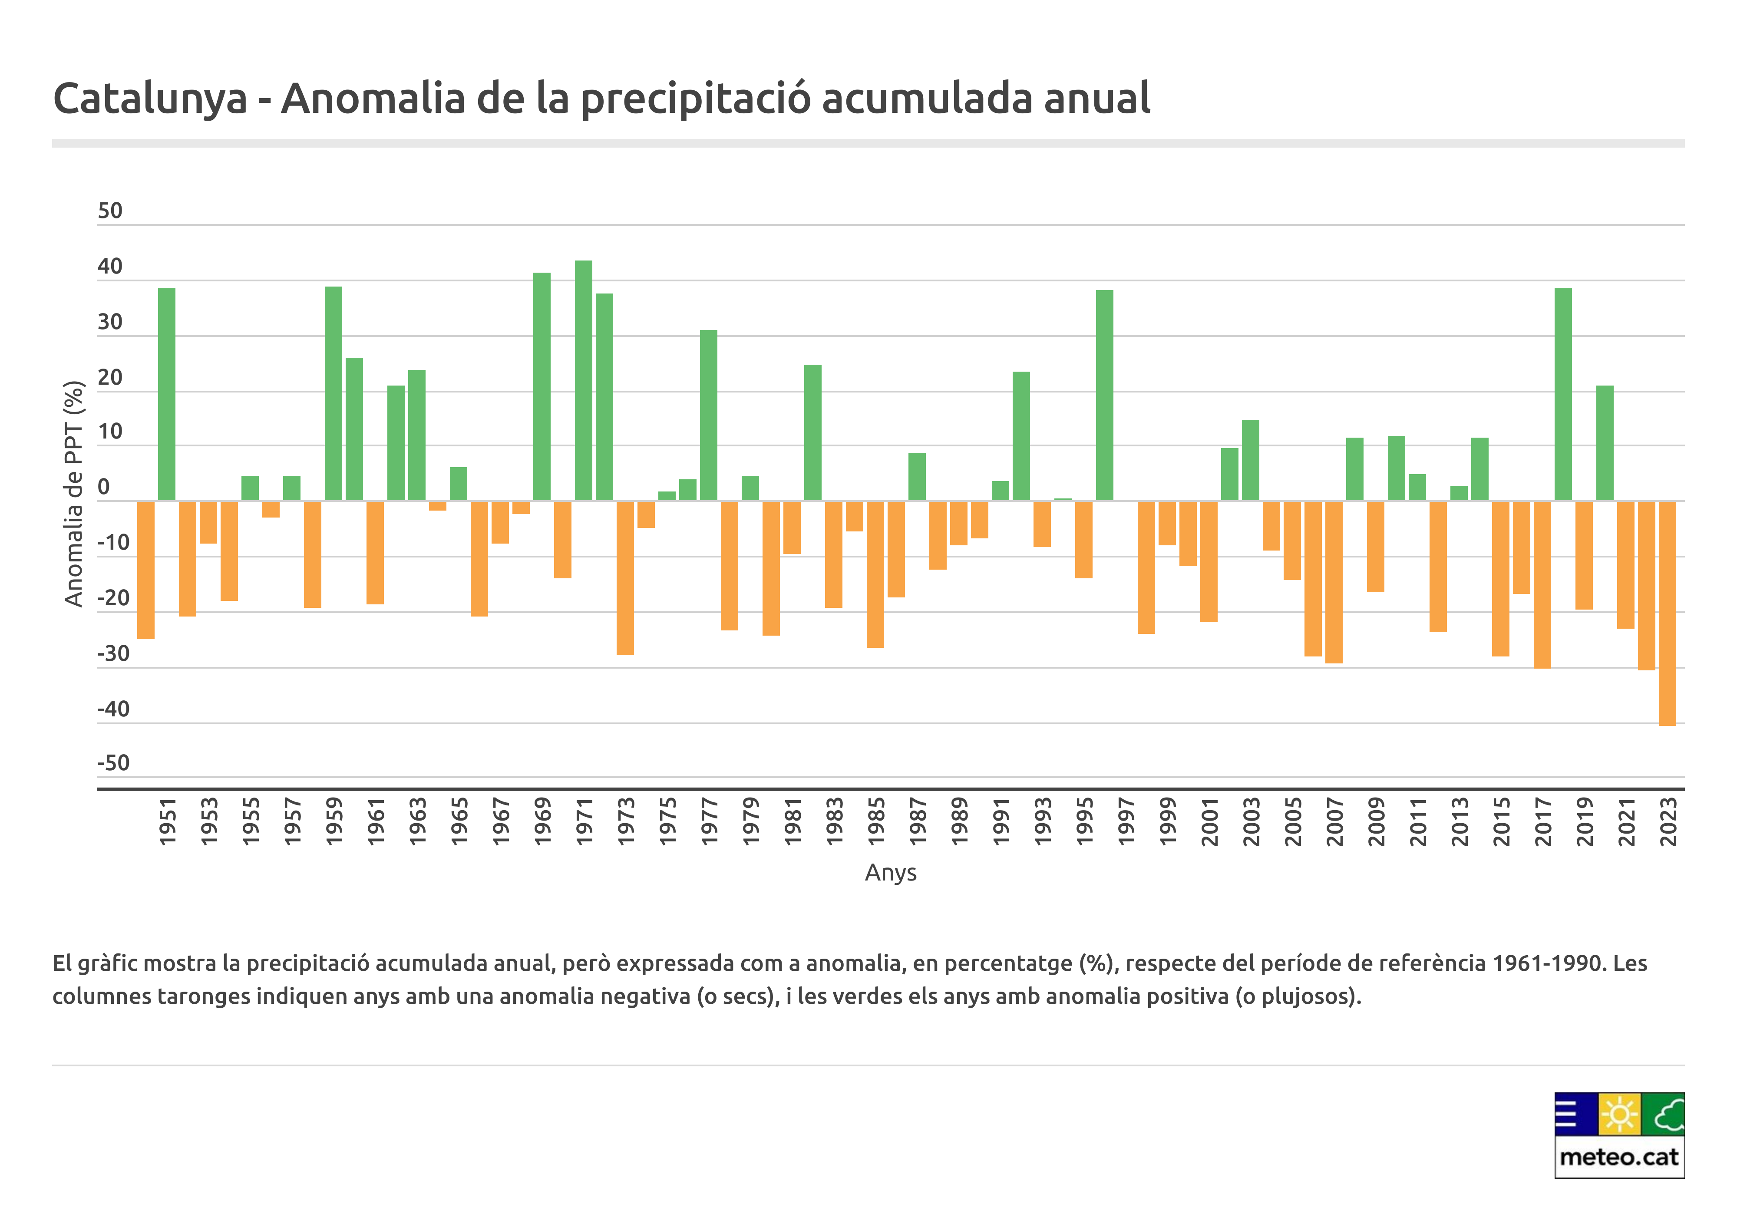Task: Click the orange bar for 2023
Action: (x=1667, y=613)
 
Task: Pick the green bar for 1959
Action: (x=334, y=393)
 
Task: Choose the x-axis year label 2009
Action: (x=1376, y=821)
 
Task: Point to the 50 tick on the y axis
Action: (x=110, y=211)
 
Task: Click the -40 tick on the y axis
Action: (x=113, y=709)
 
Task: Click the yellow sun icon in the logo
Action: (x=1619, y=1115)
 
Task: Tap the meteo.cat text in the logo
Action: (x=1618, y=1157)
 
